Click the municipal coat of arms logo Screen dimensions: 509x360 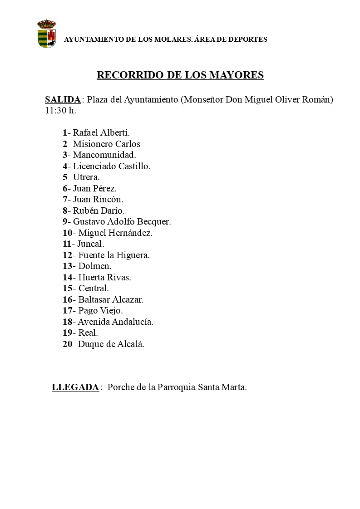point(47,34)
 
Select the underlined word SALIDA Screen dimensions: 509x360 point(63,100)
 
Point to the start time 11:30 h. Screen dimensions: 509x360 point(60,111)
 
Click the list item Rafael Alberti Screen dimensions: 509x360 point(101,133)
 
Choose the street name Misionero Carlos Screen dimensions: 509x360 point(107,144)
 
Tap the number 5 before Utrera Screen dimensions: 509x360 point(65,177)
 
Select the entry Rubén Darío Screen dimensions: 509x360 point(99,210)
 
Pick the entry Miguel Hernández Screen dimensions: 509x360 point(115,233)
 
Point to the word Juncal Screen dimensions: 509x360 point(90,244)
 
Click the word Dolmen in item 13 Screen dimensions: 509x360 point(95,266)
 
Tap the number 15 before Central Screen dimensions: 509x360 point(68,289)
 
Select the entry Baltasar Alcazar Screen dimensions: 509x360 point(111,300)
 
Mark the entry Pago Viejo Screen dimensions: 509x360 point(100,311)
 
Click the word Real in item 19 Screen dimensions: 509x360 point(88,333)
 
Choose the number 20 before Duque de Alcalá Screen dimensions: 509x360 point(68,344)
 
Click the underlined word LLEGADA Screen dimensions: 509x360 point(75,387)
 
